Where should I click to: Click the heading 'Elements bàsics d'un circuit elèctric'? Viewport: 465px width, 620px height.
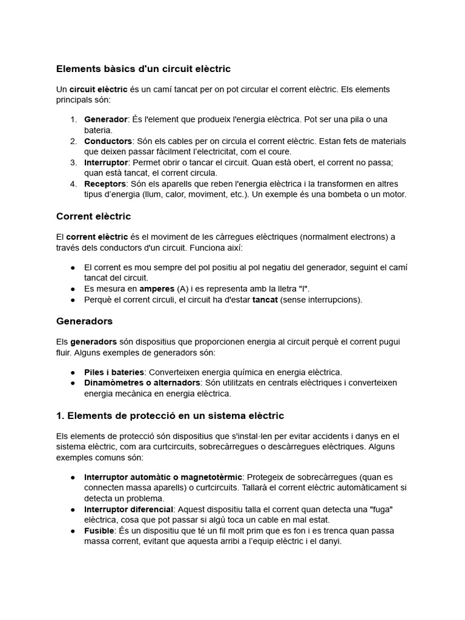click(143, 69)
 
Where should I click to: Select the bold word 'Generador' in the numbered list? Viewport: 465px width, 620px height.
click(106, 119)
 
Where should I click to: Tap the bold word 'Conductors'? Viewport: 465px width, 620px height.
click(108, 141)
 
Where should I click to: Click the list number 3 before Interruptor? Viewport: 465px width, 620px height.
click(73, 162)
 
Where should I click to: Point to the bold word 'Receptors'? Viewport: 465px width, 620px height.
click(105, 183)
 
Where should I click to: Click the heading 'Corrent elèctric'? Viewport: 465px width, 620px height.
click(93, 216)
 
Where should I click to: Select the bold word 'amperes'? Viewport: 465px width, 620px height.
click(157, 289)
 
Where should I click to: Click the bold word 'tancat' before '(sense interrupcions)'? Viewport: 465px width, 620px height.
click(265, 300)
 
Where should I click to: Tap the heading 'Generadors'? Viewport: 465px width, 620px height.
click(84, 321)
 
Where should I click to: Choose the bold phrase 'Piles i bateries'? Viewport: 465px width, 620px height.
click(114, 372)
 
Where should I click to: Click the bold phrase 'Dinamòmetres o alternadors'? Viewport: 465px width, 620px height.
click(142, 383)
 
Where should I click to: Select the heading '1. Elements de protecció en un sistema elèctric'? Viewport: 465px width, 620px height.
click(170, 415)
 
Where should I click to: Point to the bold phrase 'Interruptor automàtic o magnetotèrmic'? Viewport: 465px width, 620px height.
click(163, 477)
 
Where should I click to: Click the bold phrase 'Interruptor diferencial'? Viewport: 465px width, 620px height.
click(128, 509)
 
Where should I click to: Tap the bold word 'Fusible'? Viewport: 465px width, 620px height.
click(100, 530)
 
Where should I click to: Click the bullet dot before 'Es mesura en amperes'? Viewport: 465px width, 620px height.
click(73, 289)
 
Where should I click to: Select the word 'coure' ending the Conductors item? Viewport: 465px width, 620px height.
click(280, 151)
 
